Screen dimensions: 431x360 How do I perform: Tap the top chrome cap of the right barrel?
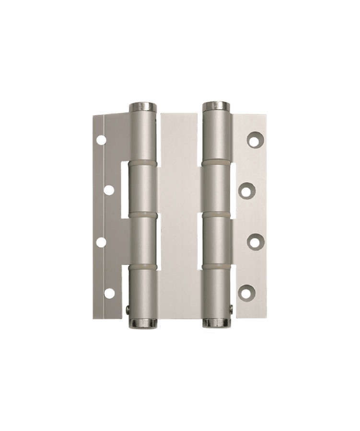[x=217, y=106]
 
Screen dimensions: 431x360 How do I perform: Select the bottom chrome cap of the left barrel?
[x=142, y=323]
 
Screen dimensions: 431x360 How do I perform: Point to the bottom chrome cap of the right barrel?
[x=217, y=323]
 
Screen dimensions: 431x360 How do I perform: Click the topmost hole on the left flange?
[x=101, y=140]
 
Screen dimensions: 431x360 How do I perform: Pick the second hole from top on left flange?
[x=109, y=191]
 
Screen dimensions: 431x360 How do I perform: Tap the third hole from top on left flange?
[x=101, y=242]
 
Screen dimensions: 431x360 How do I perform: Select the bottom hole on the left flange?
[x=109, y=292]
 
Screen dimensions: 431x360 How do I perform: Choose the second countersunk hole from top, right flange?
[x=246, y=191]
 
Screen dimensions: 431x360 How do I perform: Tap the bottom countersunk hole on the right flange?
[x=246, y=292]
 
